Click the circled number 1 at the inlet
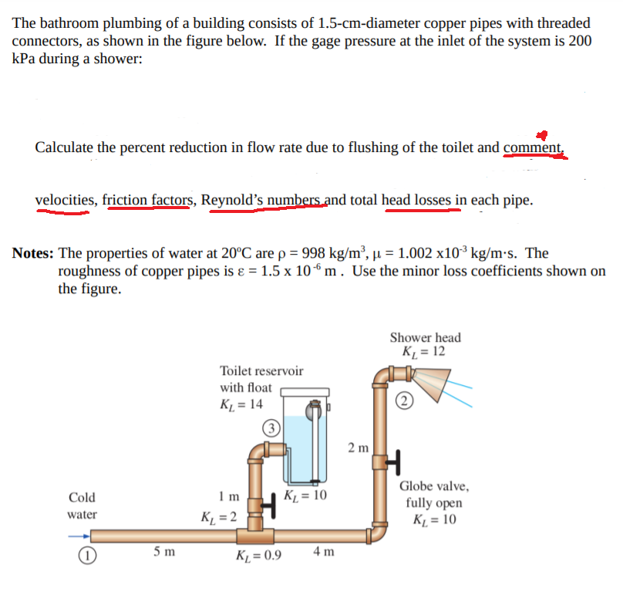point(81,556)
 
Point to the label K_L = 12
point(424,352)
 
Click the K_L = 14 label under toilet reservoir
point(241,404)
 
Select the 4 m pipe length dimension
point(324,552)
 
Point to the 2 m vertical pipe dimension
point(358,448)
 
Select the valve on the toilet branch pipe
point(268,507)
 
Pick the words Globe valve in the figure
point(433,486)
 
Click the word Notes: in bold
point(34,253)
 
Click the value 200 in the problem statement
point(579,42)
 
